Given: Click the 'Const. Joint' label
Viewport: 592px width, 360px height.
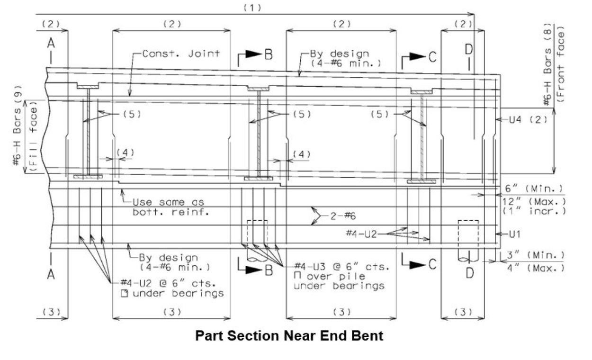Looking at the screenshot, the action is (181, 54).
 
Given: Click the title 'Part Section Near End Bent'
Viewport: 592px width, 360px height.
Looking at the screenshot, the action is (289, 336).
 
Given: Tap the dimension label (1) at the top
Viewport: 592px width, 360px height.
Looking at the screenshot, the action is (252, 8).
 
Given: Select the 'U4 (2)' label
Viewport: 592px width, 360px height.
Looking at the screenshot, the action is (528, 120).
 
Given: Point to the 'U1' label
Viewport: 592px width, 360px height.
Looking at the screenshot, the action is (514, 234).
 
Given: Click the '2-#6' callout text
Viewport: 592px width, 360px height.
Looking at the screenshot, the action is (343, 216).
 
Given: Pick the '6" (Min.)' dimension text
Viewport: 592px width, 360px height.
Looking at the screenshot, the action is (534, 189).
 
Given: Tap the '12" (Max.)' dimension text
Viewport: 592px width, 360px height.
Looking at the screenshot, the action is (534, 202).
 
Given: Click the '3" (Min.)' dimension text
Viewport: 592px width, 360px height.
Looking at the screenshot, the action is (536, 255).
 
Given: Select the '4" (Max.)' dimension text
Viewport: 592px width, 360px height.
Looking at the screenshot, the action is (536, 268).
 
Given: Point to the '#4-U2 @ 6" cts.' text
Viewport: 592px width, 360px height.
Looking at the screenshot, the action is (168, 283).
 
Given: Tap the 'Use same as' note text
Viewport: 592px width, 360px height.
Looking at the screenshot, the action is (168, 202).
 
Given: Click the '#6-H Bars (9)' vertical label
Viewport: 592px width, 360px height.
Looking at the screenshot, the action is (17, 125).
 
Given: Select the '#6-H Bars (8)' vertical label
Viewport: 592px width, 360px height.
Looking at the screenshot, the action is (548, 65).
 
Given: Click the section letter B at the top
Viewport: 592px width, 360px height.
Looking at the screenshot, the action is (269, 55).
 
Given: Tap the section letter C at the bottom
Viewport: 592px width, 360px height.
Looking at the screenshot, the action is (432, 264).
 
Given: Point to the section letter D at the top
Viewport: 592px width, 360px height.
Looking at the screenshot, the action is (469, 49).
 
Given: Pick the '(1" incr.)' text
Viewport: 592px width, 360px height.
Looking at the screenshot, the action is (534, 211).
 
